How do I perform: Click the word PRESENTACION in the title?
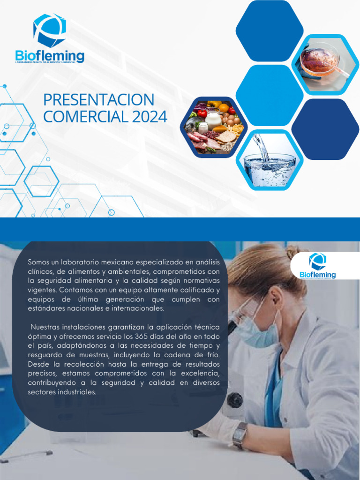(x=98, y=100)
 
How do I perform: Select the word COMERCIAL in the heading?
(x=86, y=117)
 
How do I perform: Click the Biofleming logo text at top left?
(x=50, y=56)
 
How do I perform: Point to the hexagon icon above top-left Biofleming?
(x=50, y=30)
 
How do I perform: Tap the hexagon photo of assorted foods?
(x=213, y=127)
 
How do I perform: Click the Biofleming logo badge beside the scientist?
(x=317, y=266)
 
